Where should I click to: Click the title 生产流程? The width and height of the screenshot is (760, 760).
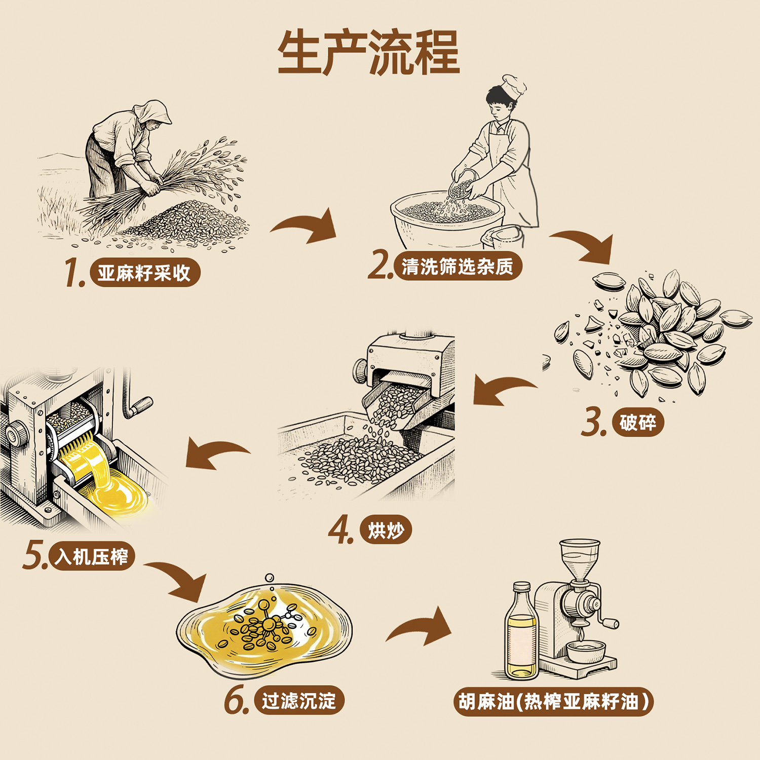click(369, 53)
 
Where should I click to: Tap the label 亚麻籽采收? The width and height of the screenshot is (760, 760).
click(145, 273)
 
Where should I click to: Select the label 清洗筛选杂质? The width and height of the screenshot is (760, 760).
click(457, 267)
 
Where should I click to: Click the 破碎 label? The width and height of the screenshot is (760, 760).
click(637, 422)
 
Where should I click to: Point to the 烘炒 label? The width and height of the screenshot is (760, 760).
click(386, 530)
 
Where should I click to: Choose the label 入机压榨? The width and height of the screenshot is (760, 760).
click(92, 557)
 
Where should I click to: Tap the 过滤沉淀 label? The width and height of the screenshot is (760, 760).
click(299, 701)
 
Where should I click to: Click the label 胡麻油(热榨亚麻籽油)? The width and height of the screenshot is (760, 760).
click(553, 702)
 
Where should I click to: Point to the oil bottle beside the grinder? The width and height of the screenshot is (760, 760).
click(521, 633)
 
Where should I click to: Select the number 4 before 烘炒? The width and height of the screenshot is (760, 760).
click(340, 530)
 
